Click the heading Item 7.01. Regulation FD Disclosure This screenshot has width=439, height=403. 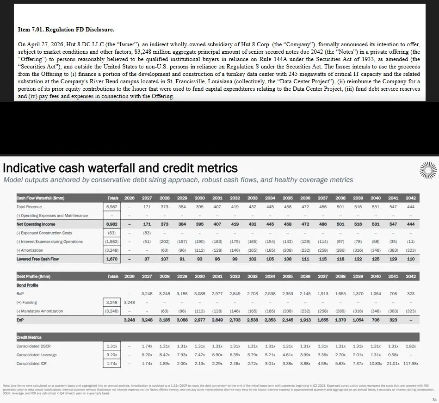[x=66, y=30]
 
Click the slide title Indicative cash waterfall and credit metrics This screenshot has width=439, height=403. [x=121, y=167]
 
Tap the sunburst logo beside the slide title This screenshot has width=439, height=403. [x=427, y=171]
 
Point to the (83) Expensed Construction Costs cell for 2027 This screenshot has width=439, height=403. [x=147, y=233]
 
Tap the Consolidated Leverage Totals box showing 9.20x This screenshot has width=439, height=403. [x=112, y=355]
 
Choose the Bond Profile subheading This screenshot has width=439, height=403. [x=27, y=285]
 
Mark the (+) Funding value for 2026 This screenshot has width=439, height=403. [x=130, y=302]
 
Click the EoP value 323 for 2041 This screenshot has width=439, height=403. [x=392, y=320]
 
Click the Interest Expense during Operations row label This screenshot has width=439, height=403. [x=49, y=242]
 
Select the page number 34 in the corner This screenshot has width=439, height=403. [x=433, y=399]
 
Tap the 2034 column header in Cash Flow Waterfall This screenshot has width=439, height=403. [x=270, y=198]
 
